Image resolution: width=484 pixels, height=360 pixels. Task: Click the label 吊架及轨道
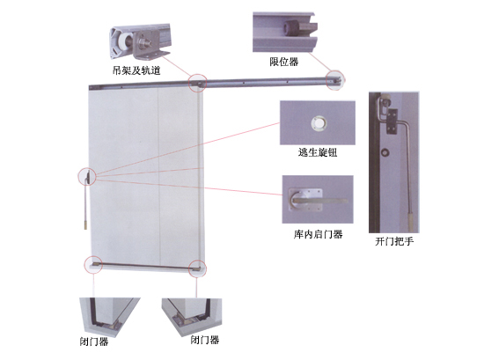click(136, 70)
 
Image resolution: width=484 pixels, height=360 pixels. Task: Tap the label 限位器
click(284, 62)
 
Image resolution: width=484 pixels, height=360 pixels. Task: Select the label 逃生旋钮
click(318, 152)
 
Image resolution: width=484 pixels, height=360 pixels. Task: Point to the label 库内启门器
click(318, 234)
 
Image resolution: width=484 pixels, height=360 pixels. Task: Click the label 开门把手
click(394, 241)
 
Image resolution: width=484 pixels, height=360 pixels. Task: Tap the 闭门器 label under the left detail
click(94, 342)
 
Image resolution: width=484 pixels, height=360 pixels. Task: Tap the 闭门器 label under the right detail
click(205, 340)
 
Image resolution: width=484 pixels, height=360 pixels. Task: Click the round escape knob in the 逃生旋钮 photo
click(319, 123)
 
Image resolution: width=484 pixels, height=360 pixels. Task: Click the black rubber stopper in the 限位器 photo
click(291, 28)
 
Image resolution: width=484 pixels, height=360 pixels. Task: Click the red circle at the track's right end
click(335, 80)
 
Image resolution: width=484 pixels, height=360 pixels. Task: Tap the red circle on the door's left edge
click(87, 177)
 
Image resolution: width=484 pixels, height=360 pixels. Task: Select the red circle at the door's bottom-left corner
click(93, 265)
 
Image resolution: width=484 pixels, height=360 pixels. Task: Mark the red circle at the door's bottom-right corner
click(197, 268)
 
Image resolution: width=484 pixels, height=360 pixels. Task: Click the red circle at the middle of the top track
click(198, 83)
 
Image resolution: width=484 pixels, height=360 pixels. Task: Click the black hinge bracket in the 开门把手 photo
click(392, 121)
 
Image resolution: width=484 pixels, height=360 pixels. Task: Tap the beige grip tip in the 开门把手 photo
click(411, 221)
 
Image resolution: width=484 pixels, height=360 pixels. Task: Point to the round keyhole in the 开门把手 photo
click(385, 152)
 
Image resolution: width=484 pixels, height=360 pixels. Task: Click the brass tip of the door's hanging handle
click(85, 224)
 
